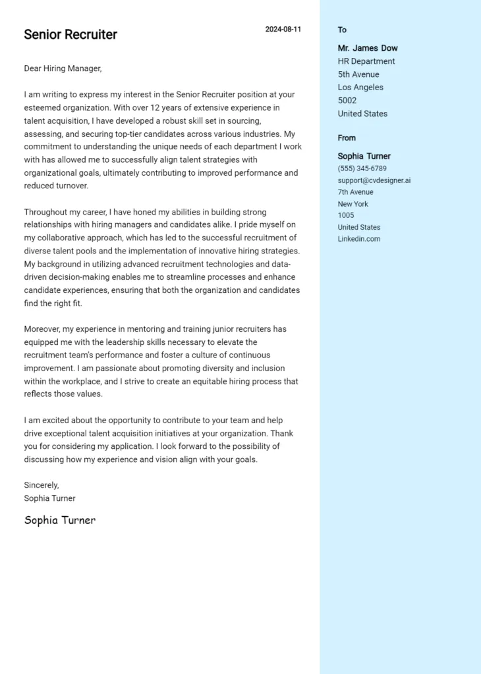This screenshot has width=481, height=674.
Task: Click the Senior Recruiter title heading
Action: click(71, 35)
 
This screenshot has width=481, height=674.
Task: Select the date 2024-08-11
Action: click(283, 30)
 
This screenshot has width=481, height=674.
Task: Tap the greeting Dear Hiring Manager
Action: click(63, 68)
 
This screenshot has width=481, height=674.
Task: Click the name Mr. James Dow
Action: click(368, 48)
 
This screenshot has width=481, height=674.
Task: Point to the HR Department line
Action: click(366, 61)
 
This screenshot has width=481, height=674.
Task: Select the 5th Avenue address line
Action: click(358, 74)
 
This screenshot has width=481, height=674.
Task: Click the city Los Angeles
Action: click(360, 88)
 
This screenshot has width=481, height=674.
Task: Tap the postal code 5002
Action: click(347, 101)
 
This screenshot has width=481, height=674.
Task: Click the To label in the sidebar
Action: click(342, 30)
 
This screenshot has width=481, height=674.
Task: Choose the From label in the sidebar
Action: click(347, 138)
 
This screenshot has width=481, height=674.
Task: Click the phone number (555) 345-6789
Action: click(362, 168)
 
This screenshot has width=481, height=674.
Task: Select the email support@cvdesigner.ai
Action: click(374, 180)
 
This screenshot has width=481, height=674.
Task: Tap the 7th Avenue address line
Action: click(355, 192)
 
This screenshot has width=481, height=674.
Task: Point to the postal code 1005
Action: click(346, 215)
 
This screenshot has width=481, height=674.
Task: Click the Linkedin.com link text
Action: click(359, 239)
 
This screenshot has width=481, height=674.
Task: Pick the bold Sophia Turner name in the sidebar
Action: click(364, 156)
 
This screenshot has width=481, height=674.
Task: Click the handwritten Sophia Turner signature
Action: click(60, 520)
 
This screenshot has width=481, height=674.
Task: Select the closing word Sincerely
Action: click(42, 485)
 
